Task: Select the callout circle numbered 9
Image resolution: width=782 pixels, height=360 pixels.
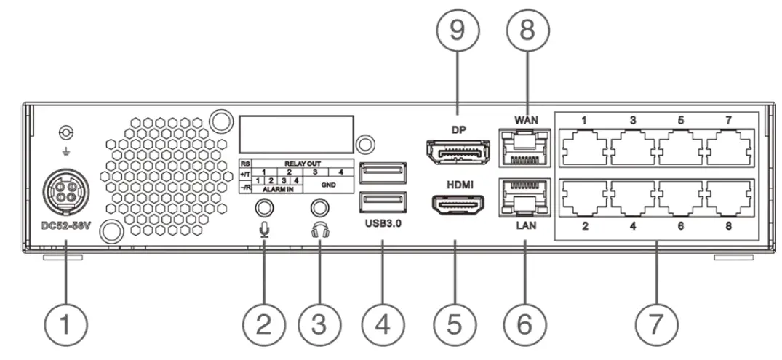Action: pyautogui.click(x=456, y=32)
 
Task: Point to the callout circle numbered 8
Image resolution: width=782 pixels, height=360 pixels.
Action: pyautogui.click(x=527, y=32)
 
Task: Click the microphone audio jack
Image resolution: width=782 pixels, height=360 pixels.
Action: pyautogui.click(x=263, y=207)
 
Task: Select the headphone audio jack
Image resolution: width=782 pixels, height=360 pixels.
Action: pyautogui.click(x=316, y=207)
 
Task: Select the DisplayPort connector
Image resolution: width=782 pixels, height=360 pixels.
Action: pyautogui.click(x=456, y=151)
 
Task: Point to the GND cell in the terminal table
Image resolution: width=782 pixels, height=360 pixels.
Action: pyautogui.click(x=328, y=185)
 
